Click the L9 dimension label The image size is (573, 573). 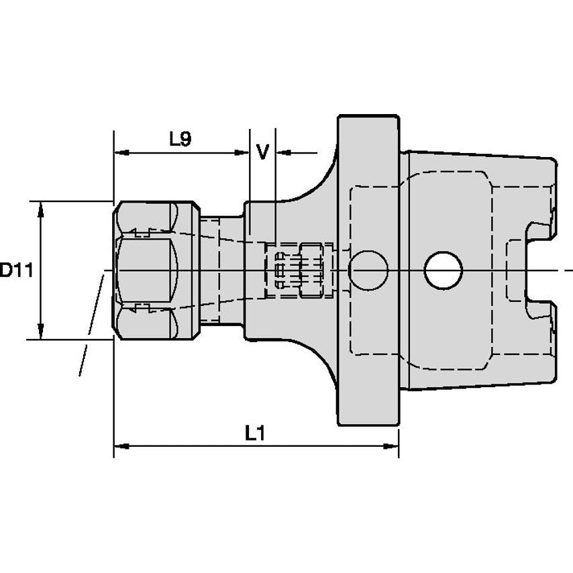coord(180,139)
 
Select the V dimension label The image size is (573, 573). coord(262,152)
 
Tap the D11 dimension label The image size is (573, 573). coord(17,270)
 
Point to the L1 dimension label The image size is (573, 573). coord(255,433)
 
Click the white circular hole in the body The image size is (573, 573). coord(444,270)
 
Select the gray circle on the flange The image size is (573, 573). coord(368,270)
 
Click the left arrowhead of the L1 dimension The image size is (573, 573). coord(121,446)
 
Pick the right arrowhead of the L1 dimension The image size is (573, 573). coord(390,446)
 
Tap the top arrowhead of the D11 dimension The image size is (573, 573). coord(41,209)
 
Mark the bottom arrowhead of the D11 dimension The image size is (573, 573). coord(41,331)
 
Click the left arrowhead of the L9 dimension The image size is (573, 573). coord(121,152)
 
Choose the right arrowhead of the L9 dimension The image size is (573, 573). coord(242,152)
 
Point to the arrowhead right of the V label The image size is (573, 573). coord(284,152)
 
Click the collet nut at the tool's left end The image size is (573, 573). coord(156,270)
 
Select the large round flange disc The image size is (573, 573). coord(368,270)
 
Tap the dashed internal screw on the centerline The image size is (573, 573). coord(299,270)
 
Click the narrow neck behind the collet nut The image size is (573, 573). coord(222,270)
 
